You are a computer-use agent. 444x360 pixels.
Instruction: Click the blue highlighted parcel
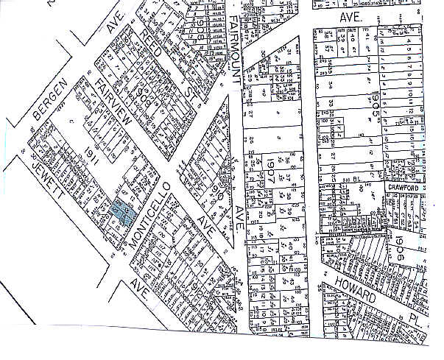[121, 211]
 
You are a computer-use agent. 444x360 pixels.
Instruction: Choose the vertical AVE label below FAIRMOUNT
[239, 213]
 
